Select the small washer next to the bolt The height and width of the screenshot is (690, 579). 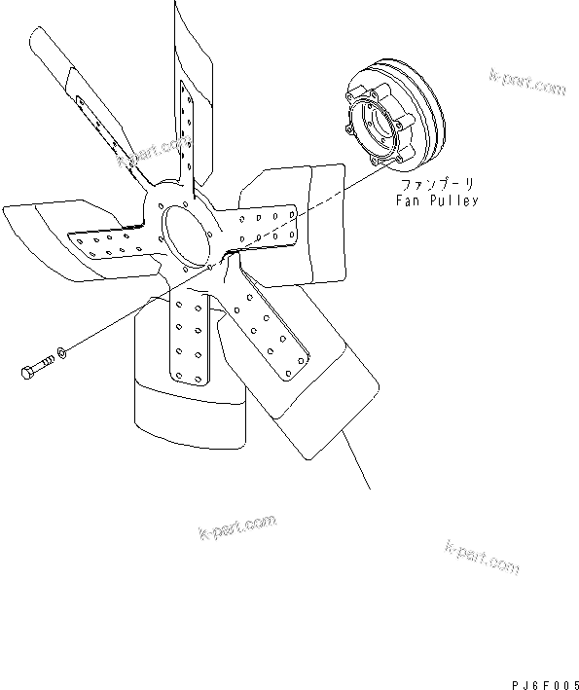pyautogui.click(x=62, y=350)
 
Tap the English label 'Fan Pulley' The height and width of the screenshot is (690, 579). pyautogui.click(x=436, y=200)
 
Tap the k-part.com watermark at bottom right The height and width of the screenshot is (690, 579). pyautogui.click(x=482, y=556)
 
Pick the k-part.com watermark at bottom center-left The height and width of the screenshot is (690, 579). pyautogui.click(x=236, y=529)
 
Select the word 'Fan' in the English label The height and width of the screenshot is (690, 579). pyautogui.click(x=407, y=200)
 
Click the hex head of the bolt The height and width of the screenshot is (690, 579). pyautogui.click(x=25, y=373)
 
